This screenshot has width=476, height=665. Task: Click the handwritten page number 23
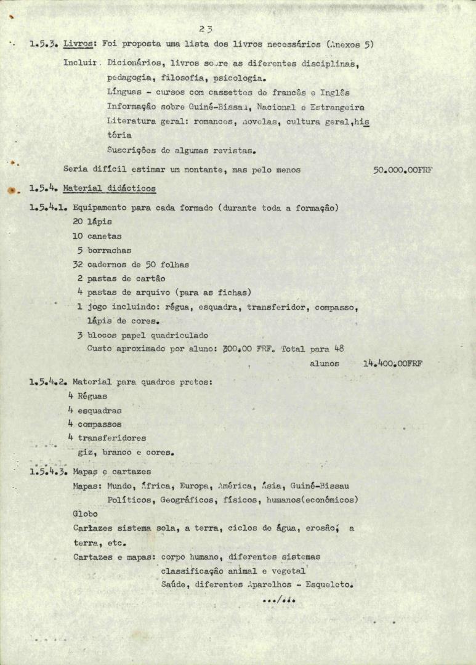click(206, 28)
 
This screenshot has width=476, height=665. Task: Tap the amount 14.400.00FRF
click(393, 364)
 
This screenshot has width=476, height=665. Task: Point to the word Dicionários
click(133, 63)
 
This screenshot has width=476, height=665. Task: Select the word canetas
click(104, 236)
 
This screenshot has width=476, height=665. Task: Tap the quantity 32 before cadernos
click(78, 265)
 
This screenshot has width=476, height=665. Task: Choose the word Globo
click(85, 514)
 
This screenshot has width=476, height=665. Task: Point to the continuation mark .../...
click(278, 600)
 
